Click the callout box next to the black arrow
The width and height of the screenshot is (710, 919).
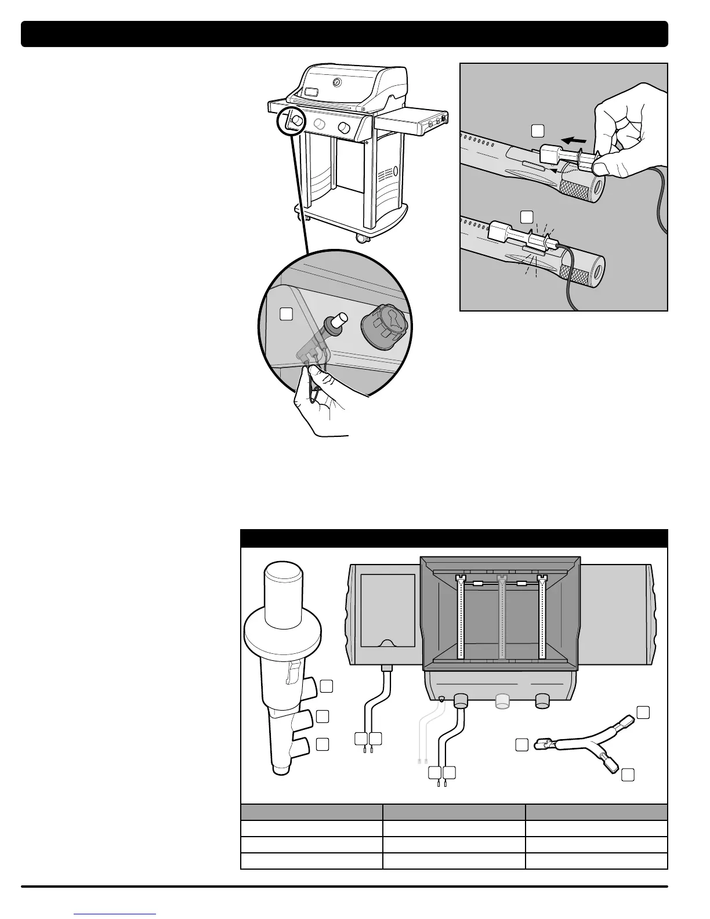(x=538, y=131)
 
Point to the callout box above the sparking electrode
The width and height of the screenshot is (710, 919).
(x=526, y=217)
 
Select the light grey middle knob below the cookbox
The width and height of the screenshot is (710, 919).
(x=502, y=701)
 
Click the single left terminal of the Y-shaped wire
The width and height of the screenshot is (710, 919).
(x=544, y=743)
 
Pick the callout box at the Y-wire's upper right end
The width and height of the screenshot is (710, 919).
(x=643, y=711)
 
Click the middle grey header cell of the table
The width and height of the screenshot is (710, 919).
(x=454, y=812)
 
